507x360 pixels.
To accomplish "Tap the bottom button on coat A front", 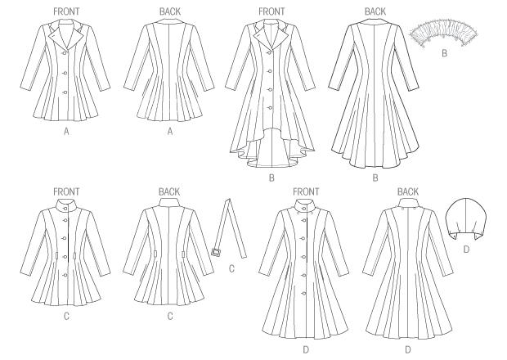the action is tap(65, 92).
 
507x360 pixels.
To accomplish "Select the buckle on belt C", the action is tap(216, 252).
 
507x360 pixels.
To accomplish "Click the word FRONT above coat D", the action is tap(306, 191).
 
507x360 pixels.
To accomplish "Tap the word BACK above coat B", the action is tap(375, 11).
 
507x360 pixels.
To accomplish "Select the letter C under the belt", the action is tap(231, 269).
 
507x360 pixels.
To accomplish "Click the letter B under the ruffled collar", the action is tap(444, 53).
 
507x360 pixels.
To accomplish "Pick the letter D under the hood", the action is tap(466, 250).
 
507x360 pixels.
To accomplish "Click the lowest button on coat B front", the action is tap(271, 108).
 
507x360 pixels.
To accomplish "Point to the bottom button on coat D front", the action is tap(304, 294).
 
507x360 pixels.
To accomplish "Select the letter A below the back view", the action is tap(170, 132).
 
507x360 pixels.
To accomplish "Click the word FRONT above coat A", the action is tap(66, 11).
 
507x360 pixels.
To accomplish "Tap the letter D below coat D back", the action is tap(408, 349).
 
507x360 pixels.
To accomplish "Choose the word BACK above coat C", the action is tap(169, 191).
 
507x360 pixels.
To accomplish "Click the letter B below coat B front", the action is tap(271, 178).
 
